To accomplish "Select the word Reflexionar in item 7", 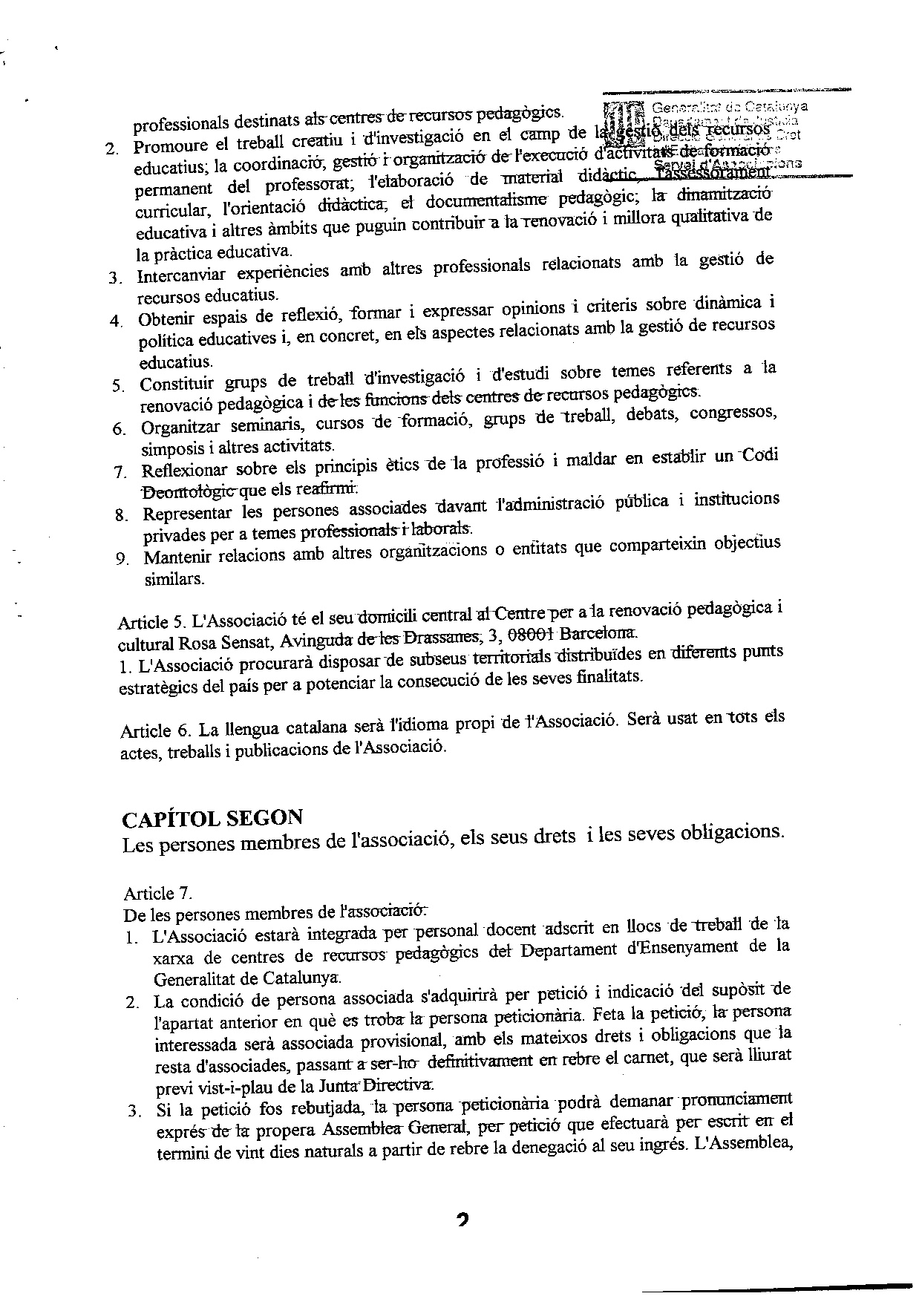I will tap(184, 471).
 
